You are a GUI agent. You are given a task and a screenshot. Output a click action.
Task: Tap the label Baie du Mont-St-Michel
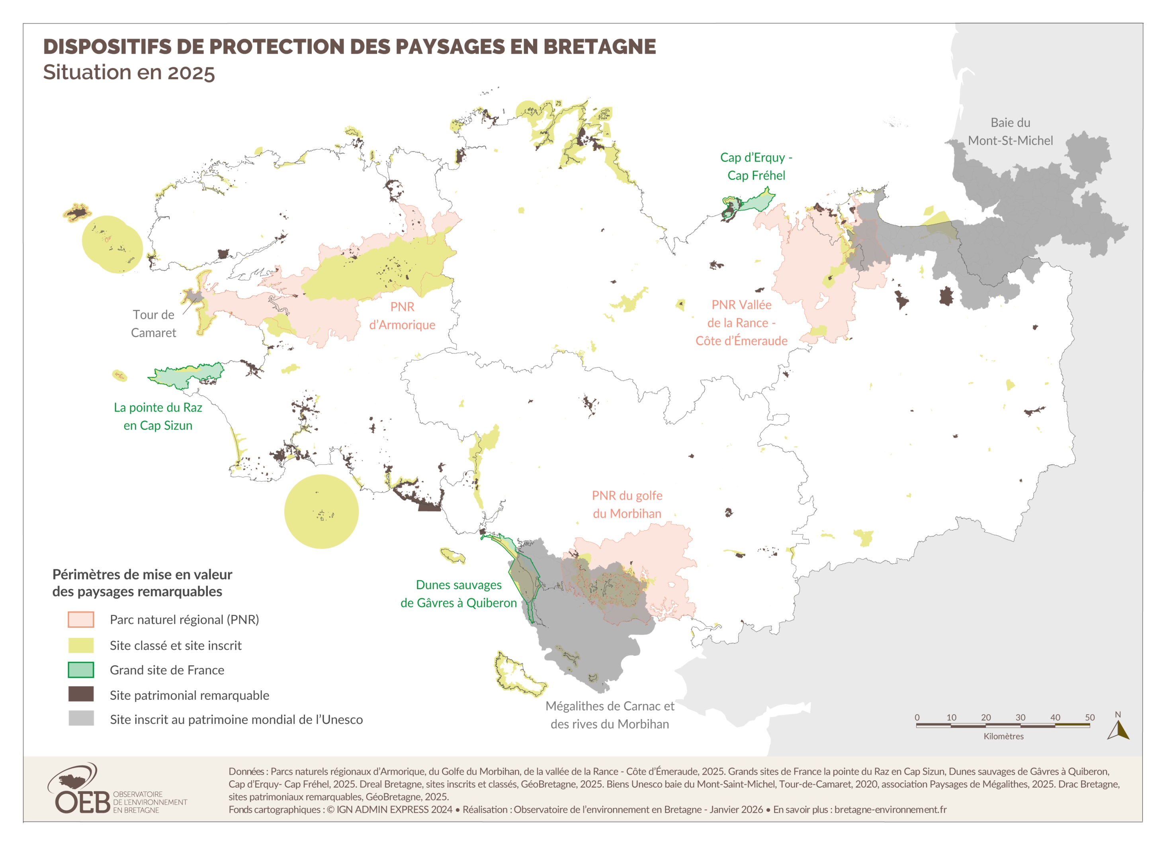click(x=1010, y=131)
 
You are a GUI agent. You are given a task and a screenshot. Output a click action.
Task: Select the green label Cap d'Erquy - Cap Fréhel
click(x=756, y=166)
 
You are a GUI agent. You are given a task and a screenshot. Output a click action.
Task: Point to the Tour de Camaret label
click(x=153, y=323)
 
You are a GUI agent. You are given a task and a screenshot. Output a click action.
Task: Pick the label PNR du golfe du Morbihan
click(x=627, y=504)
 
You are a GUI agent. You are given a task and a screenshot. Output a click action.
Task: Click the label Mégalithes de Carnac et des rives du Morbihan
click(x=609, y=715)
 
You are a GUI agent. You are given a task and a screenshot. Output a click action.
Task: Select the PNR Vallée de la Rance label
click(x=741, y=322)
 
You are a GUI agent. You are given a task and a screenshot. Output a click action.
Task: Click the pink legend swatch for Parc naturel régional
click(x=81, y=619)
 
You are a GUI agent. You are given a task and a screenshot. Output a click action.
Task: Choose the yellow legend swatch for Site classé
click(x=81, y=645)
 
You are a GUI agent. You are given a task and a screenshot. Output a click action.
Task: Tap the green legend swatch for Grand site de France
click(x=81, y=670)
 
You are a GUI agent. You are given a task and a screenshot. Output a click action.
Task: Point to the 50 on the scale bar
click(x=1089, y=717)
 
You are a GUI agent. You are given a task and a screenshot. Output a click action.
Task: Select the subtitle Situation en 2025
click(x=129, y=72)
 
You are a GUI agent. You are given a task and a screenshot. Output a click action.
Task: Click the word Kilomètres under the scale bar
click(x=1003, y=737)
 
